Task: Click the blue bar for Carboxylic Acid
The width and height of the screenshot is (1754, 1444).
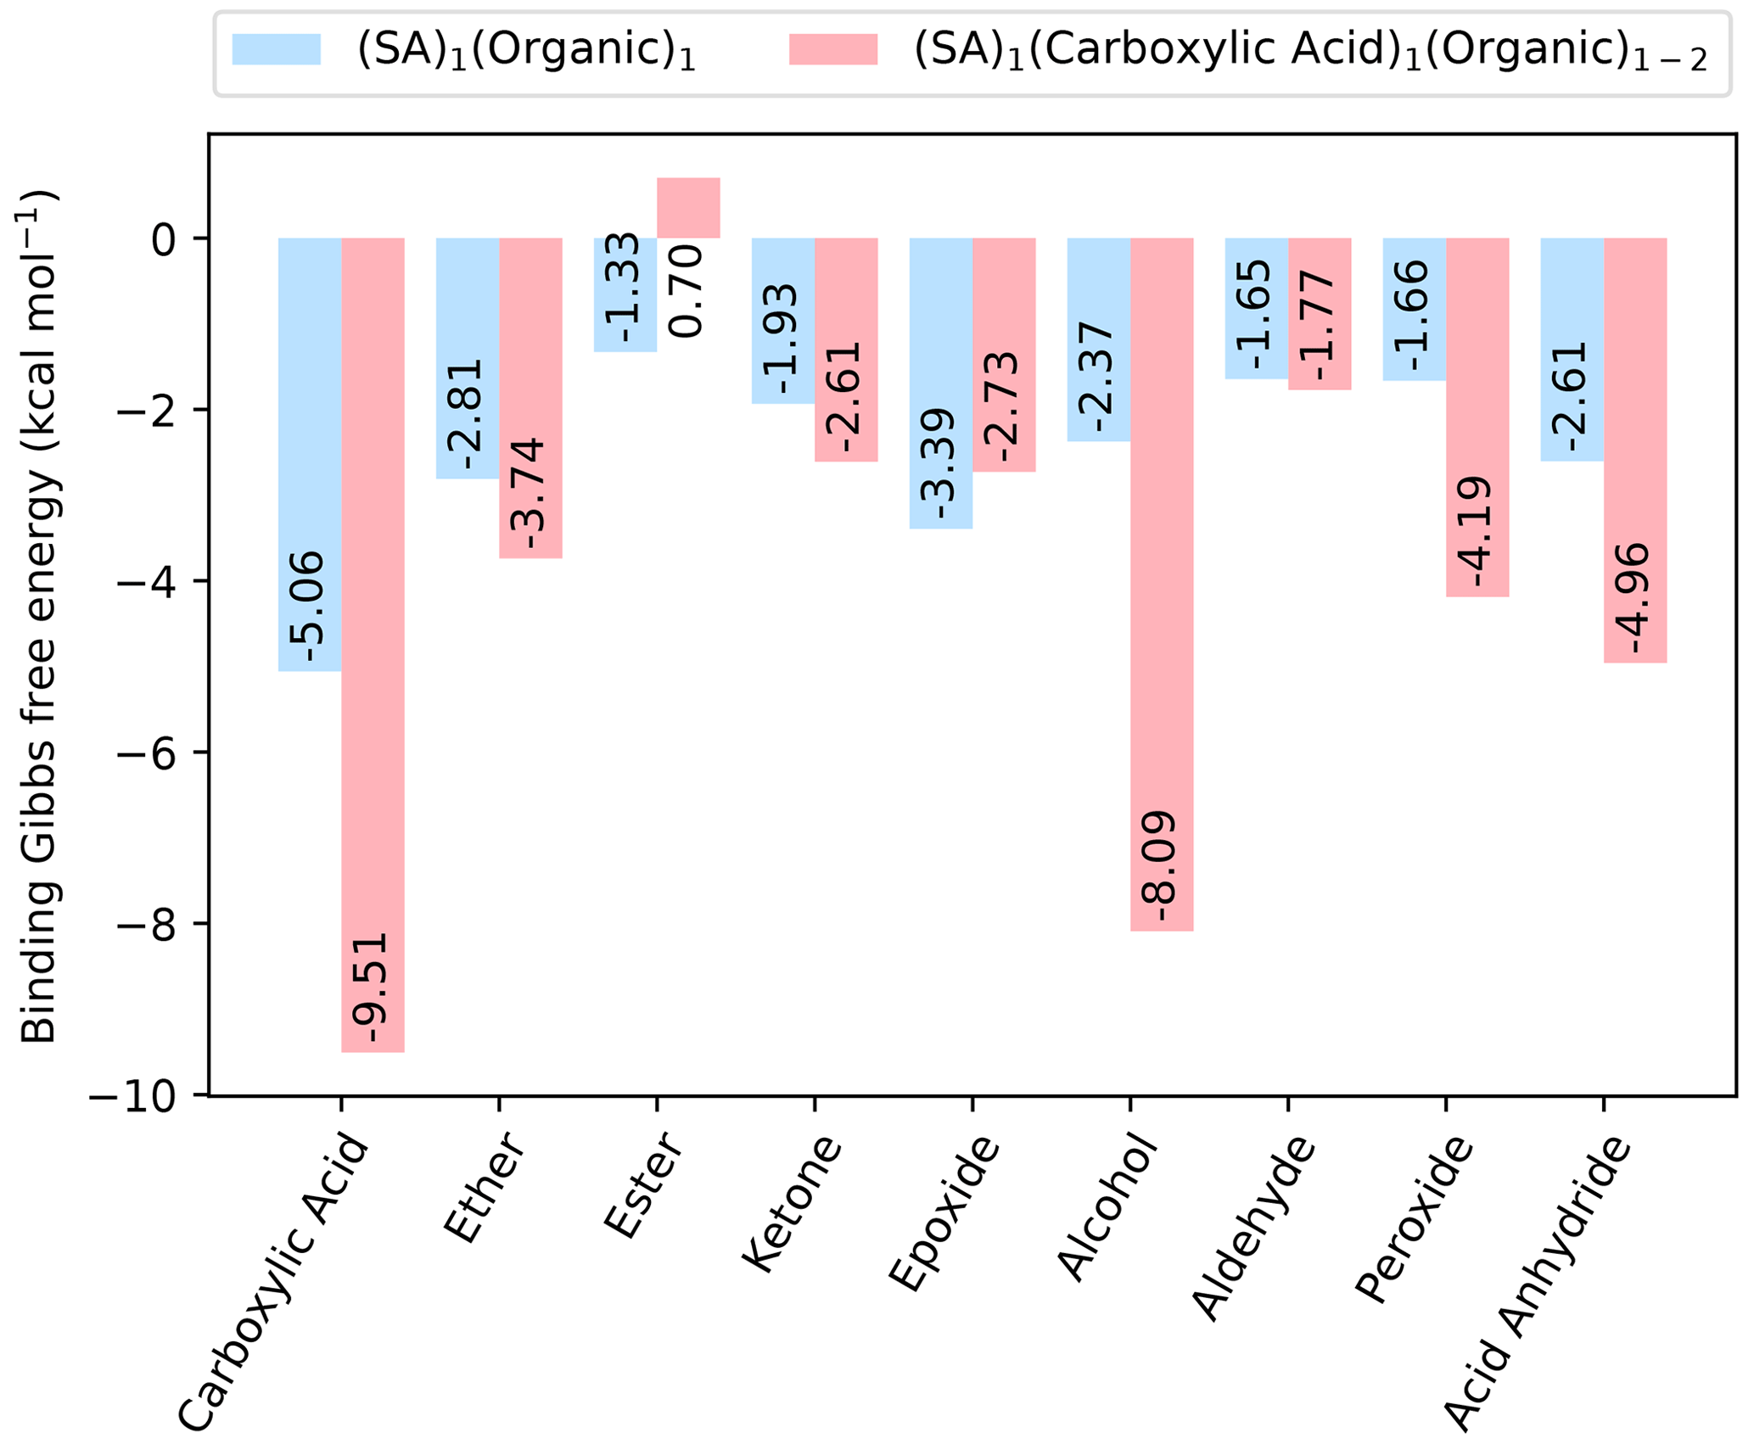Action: pos(310,454)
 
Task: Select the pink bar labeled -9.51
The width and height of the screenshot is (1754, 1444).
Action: pos(373,645)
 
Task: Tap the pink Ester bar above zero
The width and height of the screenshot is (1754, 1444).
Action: pos(688,208)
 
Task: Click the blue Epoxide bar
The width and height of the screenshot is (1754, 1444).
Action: pos(941,383)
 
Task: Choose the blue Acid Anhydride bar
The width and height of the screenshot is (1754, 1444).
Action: pos(1572,349)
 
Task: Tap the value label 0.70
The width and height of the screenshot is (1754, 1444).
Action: pos(688,291)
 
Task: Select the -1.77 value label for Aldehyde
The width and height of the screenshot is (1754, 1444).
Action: pos(1320,327)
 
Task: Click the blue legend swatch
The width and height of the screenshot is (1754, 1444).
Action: pos(277,50)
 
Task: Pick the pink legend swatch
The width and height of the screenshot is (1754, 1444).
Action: pos(832,50)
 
